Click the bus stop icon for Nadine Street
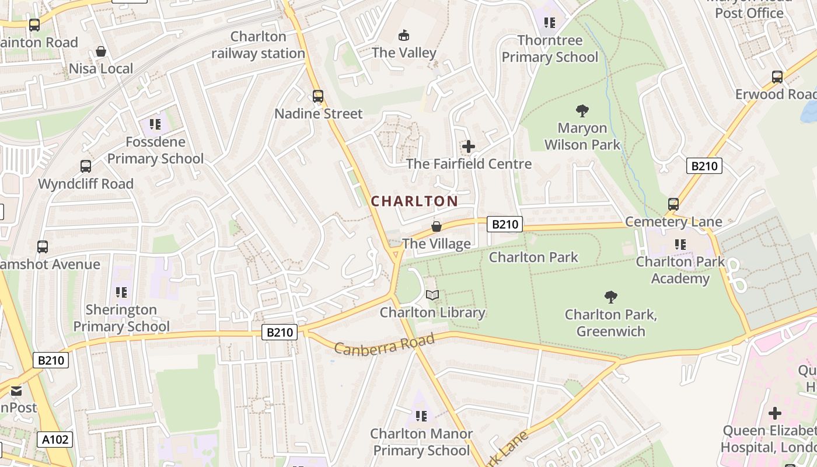point(318,96)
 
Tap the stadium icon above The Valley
point(403,36)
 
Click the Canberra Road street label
point(385,344)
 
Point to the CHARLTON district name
point(414,201)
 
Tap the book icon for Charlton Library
point(432,295)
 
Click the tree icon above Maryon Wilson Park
point(582,111)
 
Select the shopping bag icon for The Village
point(436,226)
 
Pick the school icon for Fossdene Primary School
point(155,124)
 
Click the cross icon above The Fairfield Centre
point(469,147)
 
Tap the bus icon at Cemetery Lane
point(673,204)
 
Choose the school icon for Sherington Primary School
point(121,292)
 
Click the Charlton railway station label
point(258,45)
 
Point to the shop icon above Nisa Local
point(101,51)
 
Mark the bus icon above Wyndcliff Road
point(86,166)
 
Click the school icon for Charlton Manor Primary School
point(421,416)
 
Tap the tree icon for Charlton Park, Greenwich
point(611,297)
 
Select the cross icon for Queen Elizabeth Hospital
point(775,413)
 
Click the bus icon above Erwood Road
point(777,77)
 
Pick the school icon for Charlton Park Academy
point(680,245)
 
